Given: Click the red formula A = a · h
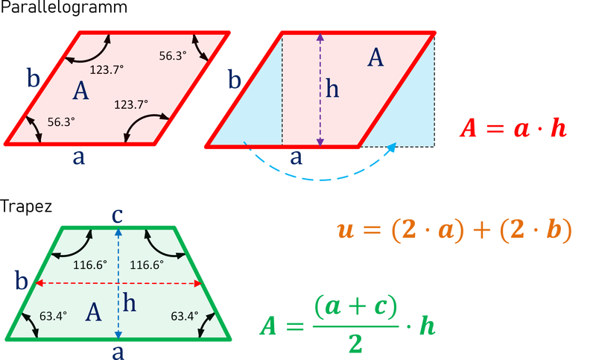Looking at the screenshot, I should (513, 128).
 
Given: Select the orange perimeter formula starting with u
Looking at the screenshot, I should (454, 229).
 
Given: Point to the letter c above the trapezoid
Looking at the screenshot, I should (116, 215).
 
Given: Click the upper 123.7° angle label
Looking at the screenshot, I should (107, 69).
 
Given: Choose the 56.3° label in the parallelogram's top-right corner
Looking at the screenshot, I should (173, 54).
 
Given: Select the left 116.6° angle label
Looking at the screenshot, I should (90, 265).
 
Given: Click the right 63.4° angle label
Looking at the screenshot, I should (184, 315).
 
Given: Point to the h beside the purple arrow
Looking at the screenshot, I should (332, 89).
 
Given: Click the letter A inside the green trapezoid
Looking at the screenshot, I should (93, 312).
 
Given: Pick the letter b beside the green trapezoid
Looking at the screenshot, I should (22, 282).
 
